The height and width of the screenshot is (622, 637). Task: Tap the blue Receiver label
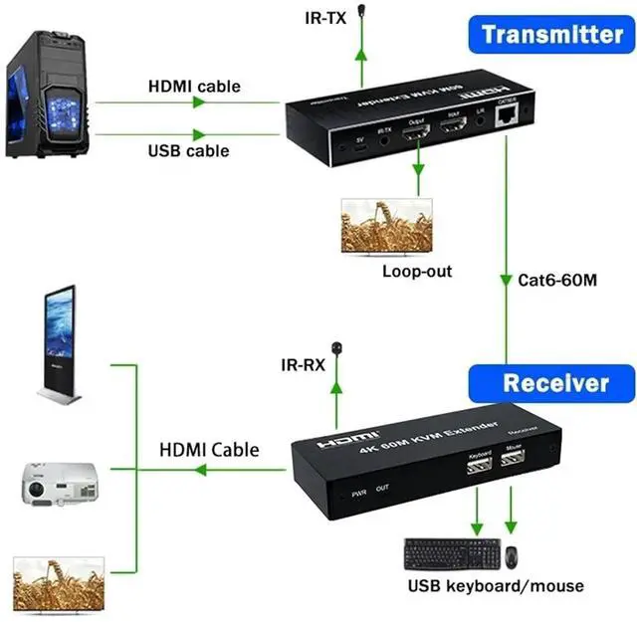pyautogui.click(x=553, y=383)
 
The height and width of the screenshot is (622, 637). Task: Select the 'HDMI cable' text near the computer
pyautogui.click(x=194, y=87)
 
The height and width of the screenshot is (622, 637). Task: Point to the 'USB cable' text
pyautogui.click(x=188, y=151)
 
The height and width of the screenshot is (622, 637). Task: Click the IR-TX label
pyautogui.click(x=327, y=18)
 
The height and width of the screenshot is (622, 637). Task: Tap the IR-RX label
pyautogui.click(x=302, y=366)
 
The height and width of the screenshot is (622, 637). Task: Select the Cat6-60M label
pyautogui.click(x=557, y=280)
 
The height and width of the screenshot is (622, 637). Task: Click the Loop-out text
pyautogui.click(x=416, y=271)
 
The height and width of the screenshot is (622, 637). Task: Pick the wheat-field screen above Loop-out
pyautogui.click(x=387, y=225)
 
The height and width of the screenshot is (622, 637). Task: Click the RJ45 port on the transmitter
pyautogui.click(x=508, y=116)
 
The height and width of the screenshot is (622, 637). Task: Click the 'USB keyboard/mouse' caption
pyautogui.click(x=494, y=586)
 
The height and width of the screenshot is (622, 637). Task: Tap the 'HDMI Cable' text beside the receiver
pyautogui.click(x=209, y=450)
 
